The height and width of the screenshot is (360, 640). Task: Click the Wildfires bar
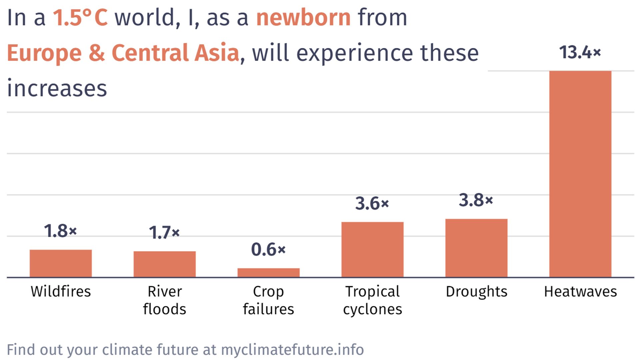(x=61, y=263)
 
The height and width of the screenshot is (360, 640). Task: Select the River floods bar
(x=165, y=264)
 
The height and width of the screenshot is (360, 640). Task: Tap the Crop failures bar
(x=268, y=273)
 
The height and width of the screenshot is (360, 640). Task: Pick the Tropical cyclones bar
(x=372, y=249)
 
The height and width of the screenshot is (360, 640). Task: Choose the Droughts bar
(x=476, y=248)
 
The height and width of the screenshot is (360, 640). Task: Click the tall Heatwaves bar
(x=580, y=174)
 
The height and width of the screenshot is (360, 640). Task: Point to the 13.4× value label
(x=580, y=52)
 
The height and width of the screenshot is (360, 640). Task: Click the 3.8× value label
(x=476, y=200)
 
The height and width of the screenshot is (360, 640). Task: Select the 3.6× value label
(x=372, y=203)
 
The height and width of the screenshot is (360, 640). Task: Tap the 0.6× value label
(x=268, y=250)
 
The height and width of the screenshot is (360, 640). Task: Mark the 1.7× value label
(x=164, y=232)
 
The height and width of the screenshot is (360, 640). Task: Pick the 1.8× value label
(x=60, y=231)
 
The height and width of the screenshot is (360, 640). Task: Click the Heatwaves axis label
(x=580, y=292)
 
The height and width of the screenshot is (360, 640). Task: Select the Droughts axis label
(x=477, y=292)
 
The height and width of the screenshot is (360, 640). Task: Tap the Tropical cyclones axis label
(x=372, y=300)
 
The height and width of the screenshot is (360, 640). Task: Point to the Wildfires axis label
(x=61, y=291)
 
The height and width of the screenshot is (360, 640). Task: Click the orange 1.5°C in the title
(x=80, y=17)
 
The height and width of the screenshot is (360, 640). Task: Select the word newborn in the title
(x=303, y=17)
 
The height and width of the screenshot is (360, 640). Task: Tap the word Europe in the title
(x=44, y=53)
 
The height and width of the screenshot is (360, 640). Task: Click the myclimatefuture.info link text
(x=292, y=350)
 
